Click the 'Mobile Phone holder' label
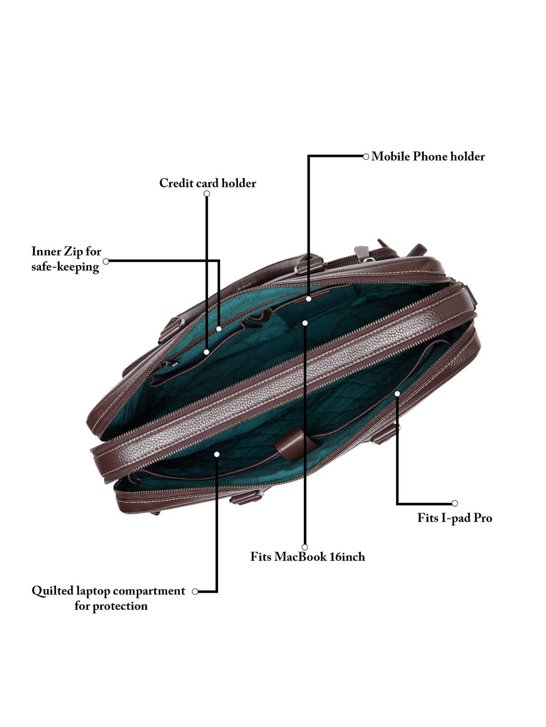click(x=428, y=157)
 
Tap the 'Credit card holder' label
click(x=207, y=183)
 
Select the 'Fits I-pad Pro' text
click(x=455, y=518)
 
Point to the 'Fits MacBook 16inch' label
click(x=308, y=557)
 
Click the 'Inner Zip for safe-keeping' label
click(x=66, y=259)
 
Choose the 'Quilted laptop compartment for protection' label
click(x=109, y=598)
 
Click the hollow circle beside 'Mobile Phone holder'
click(x=366, y=157)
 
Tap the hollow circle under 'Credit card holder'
click(x=207, y=194)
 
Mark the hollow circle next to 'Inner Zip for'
click(x=106, y=261)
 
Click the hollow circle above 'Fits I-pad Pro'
click(x=455, y=503)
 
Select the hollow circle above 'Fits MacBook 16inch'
click(x=305, y=547)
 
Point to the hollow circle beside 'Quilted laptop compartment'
click(x=195, y=592)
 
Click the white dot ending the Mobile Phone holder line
click(x=309, y=299)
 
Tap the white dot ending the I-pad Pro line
click(x=397, y=394)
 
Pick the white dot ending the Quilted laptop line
click(x=217, y=454)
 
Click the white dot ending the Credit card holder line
click(x=206, y=352)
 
